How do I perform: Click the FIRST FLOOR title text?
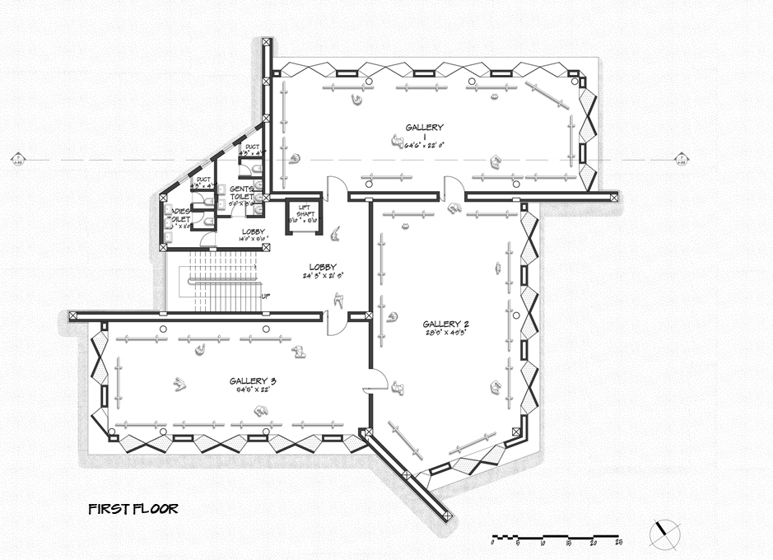coord(133,509)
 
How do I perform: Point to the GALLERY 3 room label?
coord(253,381)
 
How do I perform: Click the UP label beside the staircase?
coord(264,296)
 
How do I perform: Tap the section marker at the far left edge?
coord(16,158)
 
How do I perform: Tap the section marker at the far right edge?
coord(680,158)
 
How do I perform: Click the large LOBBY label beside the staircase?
coord(322,267)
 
